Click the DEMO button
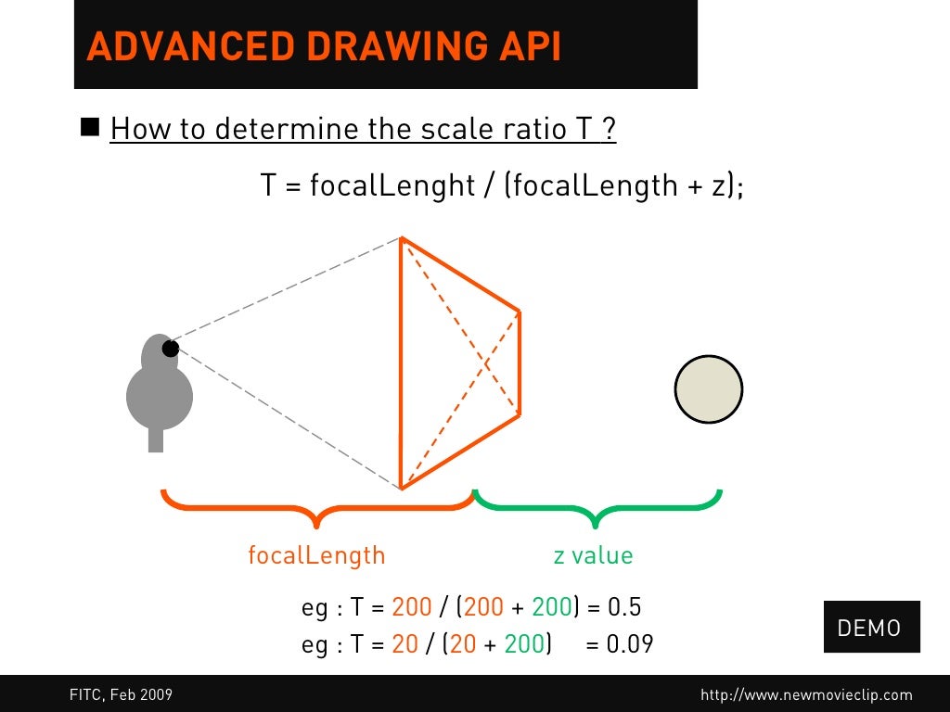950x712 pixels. click(x=869, y=628)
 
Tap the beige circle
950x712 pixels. click(x=708, y=389)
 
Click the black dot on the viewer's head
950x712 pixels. click(x=171, y=349)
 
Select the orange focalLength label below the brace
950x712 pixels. click(x=316, y=555)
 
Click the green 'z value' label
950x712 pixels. click(x=593, y=555)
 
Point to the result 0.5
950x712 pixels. click(x=624, y=608)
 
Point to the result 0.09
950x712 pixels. click(x=630, y=643)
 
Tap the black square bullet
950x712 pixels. click(x=90, y=127)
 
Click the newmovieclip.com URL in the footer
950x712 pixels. click(x=806, y=694)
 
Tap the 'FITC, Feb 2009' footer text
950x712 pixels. click(x=121, y=694)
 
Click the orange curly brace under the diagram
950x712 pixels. click(x=317, y=507)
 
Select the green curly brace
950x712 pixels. click(x=597, y=507)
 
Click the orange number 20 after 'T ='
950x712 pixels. click(x=405, y=643)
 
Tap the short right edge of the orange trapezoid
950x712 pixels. click(x=519, y=362)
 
